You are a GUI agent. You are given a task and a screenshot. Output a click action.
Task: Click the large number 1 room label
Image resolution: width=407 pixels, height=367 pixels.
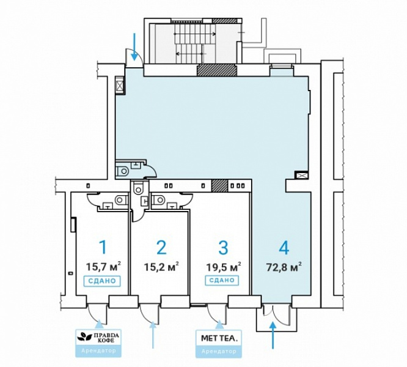[103, 248]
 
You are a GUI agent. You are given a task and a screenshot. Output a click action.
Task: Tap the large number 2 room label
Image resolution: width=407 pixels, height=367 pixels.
[162, 248]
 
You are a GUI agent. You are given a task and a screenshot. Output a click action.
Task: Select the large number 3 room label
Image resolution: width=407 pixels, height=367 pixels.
[223, 248]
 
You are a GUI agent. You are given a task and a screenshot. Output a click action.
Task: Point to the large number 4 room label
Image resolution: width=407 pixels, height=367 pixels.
[284, 248]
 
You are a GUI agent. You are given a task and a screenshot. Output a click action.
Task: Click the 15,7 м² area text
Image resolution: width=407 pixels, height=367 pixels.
[103, 267]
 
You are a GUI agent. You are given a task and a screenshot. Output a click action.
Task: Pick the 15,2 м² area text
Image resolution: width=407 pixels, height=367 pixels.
[161, 267]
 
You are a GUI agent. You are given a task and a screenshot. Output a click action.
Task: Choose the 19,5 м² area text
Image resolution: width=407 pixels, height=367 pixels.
[223, 267]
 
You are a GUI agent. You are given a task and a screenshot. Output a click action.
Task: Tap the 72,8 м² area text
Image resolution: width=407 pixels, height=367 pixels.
[284, 267]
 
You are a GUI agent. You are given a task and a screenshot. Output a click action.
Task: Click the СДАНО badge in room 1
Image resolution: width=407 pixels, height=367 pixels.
[102, 281]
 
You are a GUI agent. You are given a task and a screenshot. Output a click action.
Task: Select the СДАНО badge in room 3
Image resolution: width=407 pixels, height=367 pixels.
[222, 281]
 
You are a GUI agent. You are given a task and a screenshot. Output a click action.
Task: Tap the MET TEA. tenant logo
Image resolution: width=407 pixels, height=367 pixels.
[219, 338]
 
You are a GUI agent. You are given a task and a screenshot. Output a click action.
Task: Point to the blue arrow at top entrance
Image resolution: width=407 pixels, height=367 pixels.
[134, 46]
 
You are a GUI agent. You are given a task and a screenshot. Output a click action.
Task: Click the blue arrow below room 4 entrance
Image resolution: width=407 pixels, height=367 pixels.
[273, 335]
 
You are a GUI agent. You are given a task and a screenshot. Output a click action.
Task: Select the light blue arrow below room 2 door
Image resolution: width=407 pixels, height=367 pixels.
[153, 335]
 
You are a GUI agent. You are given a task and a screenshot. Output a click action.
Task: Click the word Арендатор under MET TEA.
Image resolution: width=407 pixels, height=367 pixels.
[219, 352]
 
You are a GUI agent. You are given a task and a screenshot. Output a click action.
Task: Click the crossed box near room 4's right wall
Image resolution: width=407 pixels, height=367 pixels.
[301, 176]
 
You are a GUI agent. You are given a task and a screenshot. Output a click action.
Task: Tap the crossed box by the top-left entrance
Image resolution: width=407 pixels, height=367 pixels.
[120, 86]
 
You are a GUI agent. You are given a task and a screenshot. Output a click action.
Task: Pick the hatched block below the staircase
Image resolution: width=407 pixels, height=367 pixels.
[217, 70]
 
